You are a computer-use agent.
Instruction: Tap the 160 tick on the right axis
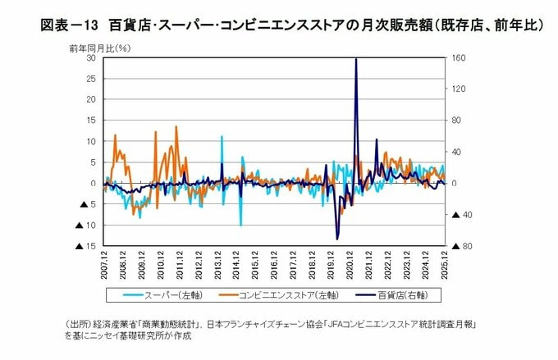click(457, 58)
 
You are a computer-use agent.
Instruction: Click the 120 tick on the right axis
click(457, 89)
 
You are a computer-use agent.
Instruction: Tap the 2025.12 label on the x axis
click(444, 267)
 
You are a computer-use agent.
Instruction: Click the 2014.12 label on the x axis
click(236, 267)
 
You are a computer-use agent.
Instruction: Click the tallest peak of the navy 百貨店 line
click(355, 59)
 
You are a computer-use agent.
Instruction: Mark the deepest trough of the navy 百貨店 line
click(338, 239)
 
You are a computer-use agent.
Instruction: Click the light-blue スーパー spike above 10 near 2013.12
click(222, 137)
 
